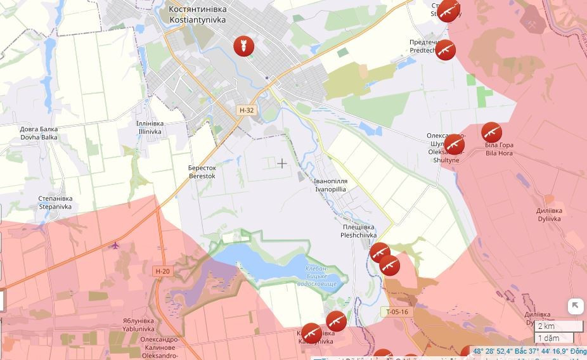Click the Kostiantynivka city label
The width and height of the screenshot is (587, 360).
198,15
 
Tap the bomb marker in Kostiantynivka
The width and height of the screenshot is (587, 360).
243,46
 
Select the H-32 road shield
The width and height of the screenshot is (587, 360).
247,110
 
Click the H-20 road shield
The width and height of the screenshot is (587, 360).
162,271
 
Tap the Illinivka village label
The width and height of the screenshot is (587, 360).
150,127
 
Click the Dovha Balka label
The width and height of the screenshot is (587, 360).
39,133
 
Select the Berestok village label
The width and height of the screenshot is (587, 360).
202,172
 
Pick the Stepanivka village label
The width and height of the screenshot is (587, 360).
56,202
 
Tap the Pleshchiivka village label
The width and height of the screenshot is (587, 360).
358,231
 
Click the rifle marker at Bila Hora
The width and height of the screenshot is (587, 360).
491,132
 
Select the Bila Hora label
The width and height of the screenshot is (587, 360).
500,149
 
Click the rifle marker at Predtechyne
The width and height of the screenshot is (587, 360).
445,49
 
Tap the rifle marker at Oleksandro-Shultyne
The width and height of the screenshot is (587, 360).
454,145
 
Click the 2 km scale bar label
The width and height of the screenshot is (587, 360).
546,326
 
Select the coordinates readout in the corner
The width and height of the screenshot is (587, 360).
529,351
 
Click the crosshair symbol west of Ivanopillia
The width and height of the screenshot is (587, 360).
281,164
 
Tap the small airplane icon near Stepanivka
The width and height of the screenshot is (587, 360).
115,246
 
